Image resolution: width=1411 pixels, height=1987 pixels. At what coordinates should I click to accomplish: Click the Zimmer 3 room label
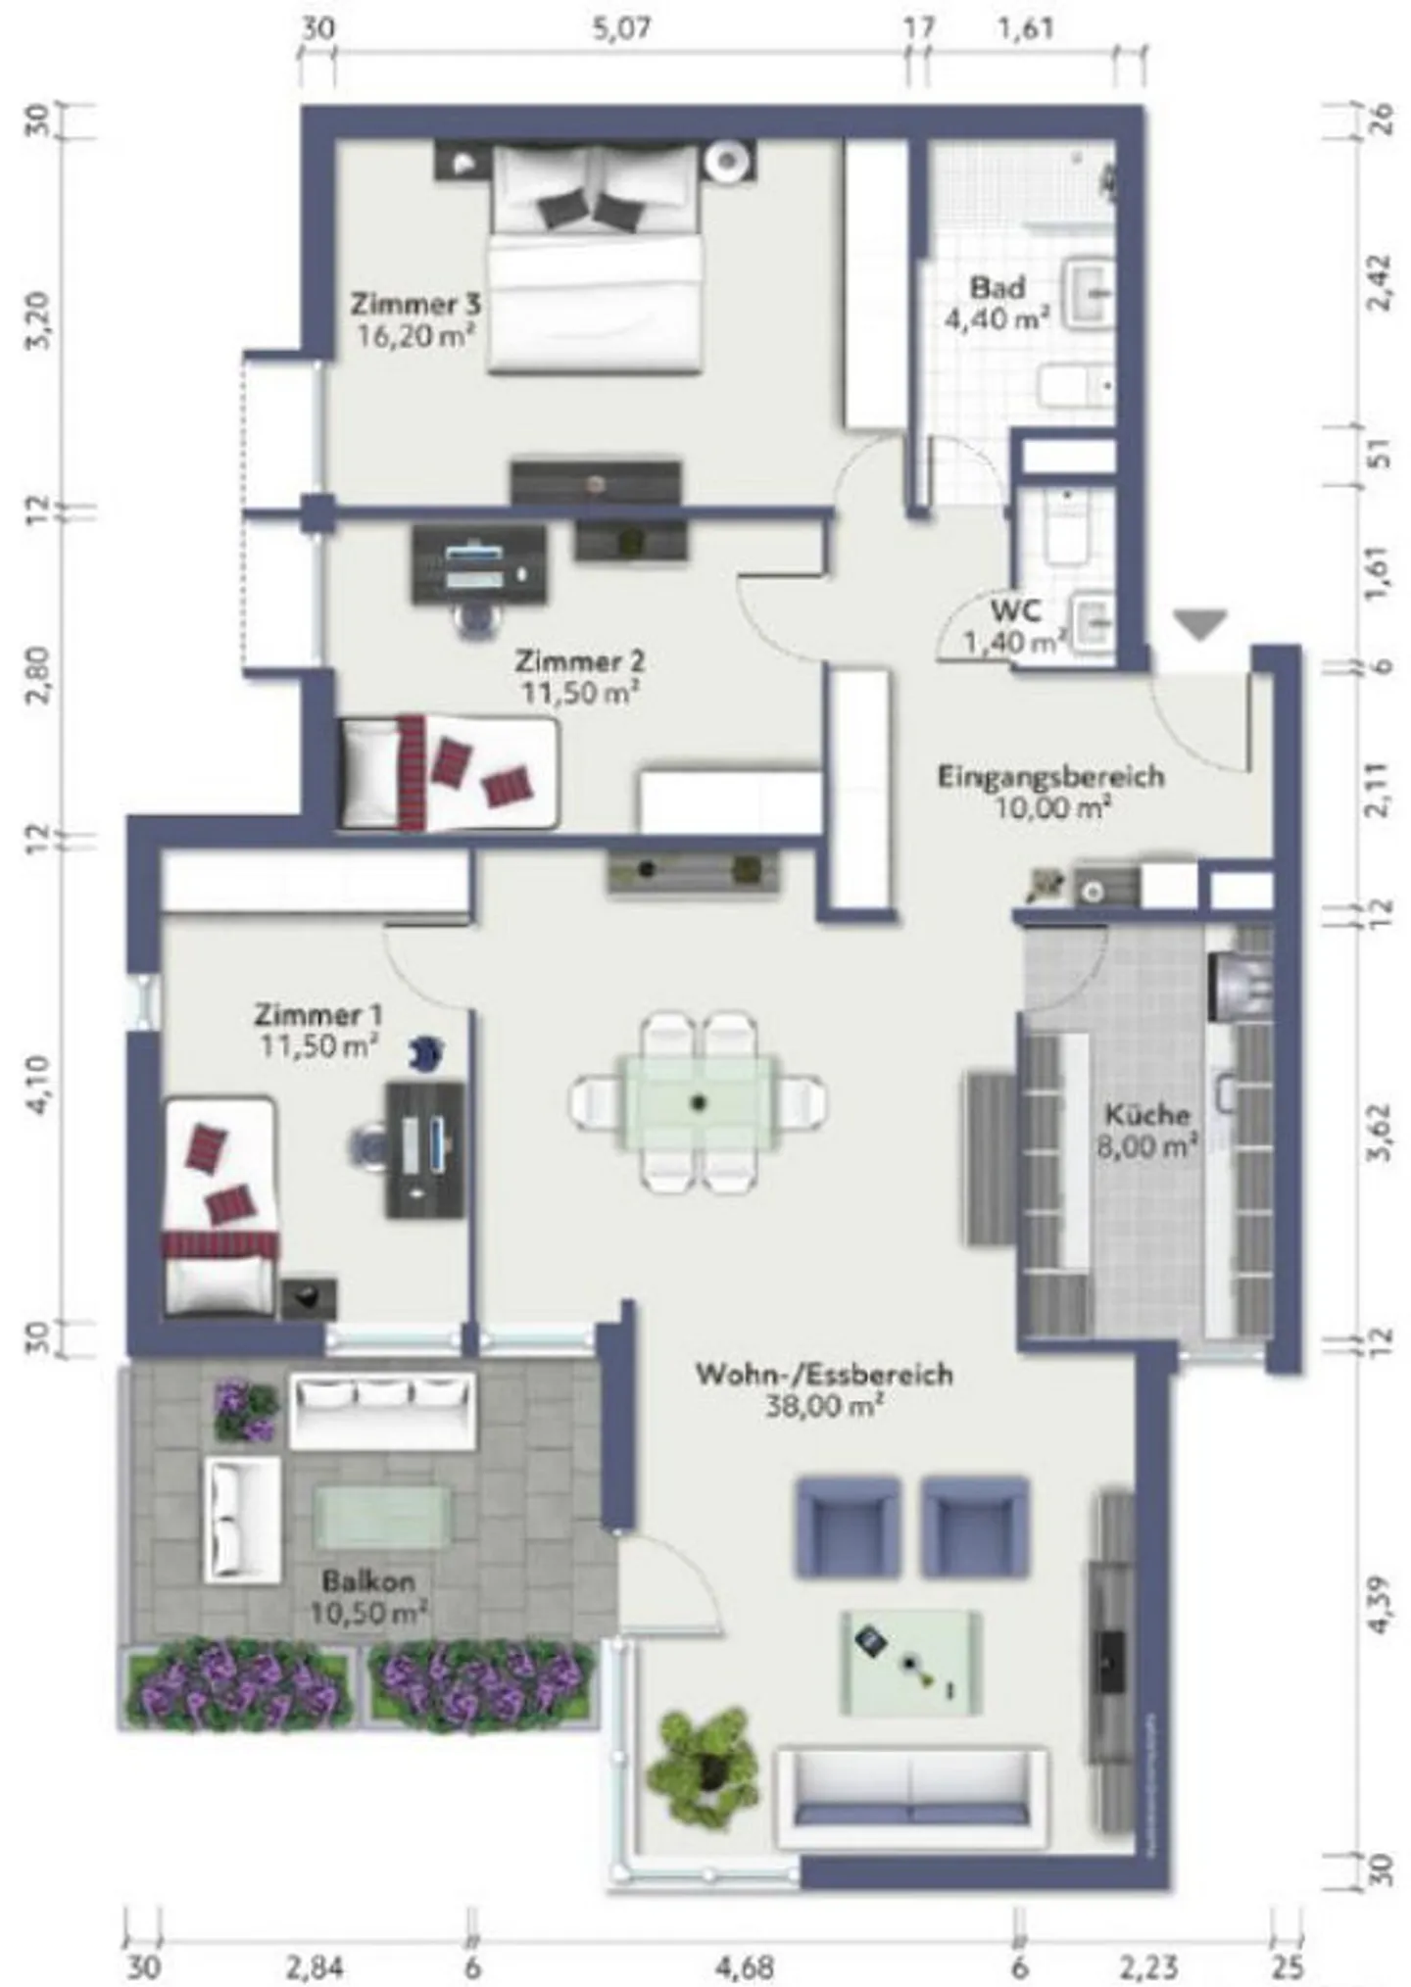click(416, 305)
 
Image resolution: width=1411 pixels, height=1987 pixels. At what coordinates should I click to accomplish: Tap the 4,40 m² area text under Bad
click(997, 318)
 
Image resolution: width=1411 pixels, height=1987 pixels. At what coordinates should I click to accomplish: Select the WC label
click(1016, 610)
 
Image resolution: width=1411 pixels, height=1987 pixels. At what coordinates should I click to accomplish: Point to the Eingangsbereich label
click(1051, 776)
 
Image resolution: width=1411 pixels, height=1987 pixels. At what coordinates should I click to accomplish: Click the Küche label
click(1147, 1114)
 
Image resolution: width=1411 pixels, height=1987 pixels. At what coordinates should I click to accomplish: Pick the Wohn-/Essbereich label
click(824, 1374)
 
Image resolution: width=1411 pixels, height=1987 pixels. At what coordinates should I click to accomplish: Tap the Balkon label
click(368, 1581)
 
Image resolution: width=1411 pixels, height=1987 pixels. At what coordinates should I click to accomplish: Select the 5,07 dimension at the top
click(621, 29)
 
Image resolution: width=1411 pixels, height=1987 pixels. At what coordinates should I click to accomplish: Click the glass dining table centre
click(698, 1103)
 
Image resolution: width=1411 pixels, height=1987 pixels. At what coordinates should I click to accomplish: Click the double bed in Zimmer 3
click(596, 260)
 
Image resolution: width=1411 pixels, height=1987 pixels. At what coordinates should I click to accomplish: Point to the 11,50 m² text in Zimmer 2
click(580, 693)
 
